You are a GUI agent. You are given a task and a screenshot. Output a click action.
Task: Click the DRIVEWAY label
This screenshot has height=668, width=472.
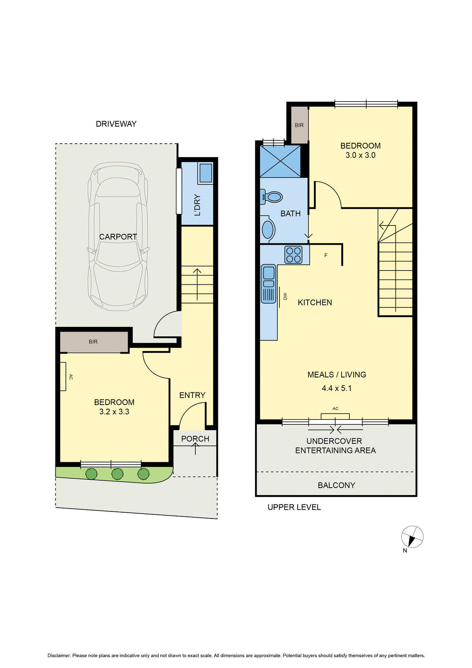116,124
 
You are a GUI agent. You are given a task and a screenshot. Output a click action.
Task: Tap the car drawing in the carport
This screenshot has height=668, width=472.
118,236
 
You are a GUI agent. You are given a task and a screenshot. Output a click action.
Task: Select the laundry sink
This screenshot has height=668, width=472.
205,173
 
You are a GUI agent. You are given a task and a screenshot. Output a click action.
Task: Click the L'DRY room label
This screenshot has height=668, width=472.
197,205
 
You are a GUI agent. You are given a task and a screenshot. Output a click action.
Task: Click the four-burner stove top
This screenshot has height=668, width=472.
293,255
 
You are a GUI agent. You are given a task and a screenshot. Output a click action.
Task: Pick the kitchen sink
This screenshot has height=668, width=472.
269,284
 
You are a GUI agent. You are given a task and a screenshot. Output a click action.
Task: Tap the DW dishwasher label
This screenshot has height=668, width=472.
285,296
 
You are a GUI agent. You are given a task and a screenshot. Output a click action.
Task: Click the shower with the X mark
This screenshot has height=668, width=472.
280,161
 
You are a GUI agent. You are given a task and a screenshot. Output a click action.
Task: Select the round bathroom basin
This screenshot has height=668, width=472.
268,229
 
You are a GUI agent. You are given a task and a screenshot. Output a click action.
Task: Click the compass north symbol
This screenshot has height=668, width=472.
412,537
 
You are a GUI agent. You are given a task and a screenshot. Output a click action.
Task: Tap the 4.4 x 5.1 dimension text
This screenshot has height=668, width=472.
336,388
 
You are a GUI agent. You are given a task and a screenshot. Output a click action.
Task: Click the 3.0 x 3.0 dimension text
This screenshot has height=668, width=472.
360,155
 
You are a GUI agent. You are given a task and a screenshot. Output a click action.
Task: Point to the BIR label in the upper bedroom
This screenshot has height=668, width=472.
299,125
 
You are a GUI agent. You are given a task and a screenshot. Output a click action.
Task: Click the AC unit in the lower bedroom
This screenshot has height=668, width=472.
63,377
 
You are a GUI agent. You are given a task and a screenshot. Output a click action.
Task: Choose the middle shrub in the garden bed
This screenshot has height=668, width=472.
117,474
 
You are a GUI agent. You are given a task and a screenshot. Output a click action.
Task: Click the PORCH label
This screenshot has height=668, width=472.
195,439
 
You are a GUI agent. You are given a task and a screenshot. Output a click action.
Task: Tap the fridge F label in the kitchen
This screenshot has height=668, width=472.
326,255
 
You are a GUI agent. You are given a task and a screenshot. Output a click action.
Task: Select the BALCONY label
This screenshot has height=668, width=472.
336,485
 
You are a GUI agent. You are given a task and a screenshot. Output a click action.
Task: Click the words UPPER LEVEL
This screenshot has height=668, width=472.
294,507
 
